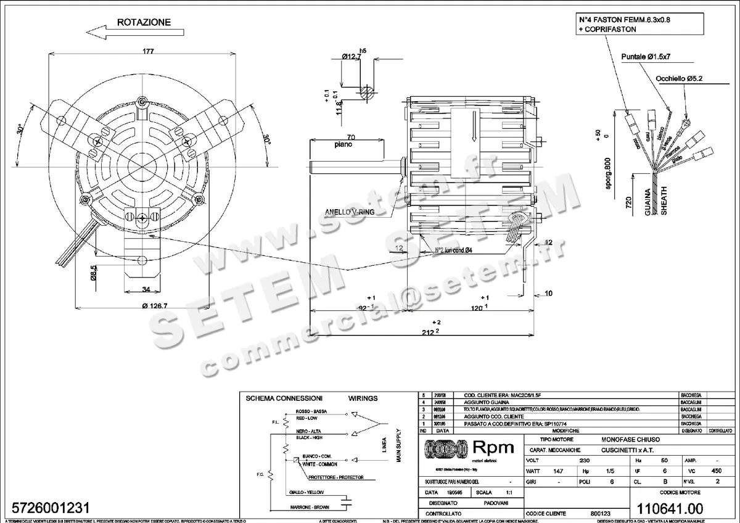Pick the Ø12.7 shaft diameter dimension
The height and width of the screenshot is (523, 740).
click(350, 57)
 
